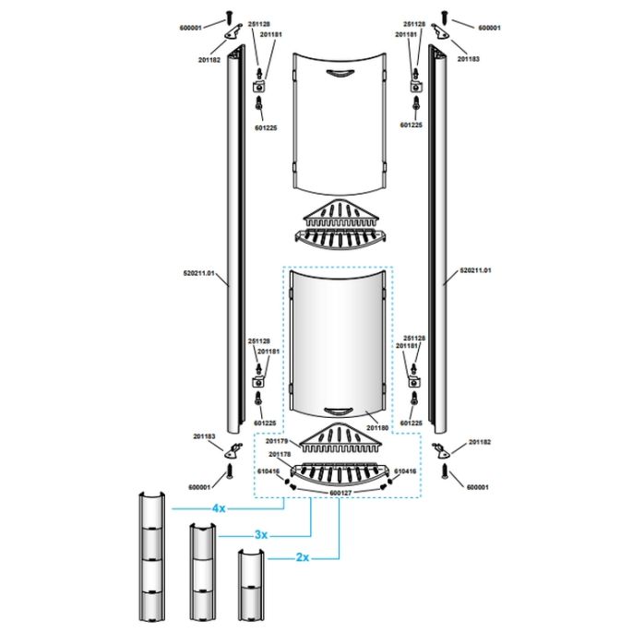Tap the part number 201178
coord(280,454)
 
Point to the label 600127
coord(340,493)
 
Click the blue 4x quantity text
coord(219,508)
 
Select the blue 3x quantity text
coord(261,534)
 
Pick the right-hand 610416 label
coord(405,471)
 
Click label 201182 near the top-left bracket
coord(208,59)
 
